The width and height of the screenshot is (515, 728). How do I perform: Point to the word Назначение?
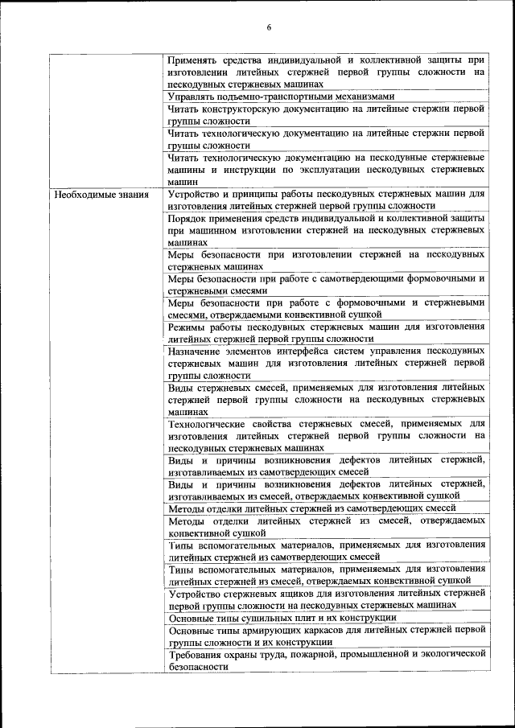(198, 351)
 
